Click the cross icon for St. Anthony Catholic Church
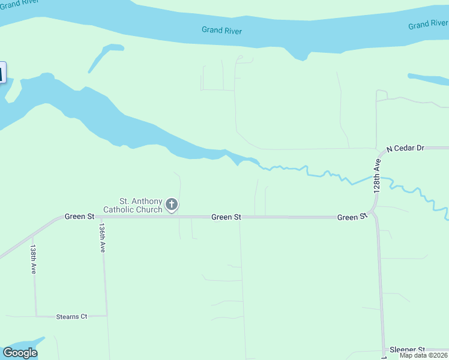(x=171, y=205)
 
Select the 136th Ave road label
(x=103, y=238)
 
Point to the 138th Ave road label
(x=34, y=259)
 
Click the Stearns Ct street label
(x=71, y=316)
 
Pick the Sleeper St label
(x=407, y=349)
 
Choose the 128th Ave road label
(x=378, y=175)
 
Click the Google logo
(x=20, y=353)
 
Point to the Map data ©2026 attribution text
(x=424, y=355)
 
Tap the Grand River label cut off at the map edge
(x=428, y=25)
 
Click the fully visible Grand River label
(x=221, y=30)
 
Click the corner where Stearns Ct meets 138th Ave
(x=36, y=316)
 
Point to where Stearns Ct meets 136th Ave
(x=107, y=315)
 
